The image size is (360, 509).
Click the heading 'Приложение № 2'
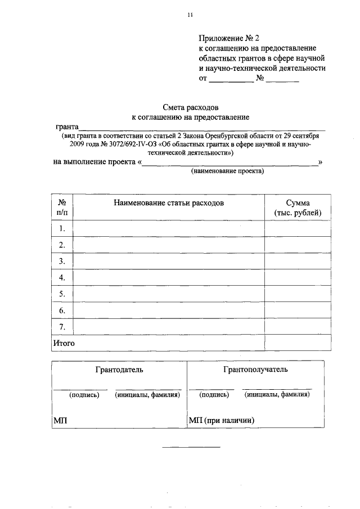click(229, 38)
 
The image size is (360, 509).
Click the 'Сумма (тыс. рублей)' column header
click(298, 207)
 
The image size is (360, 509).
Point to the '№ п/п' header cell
click(62, 207)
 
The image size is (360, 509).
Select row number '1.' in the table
click(62, 228)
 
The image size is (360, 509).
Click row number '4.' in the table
click(62, 277)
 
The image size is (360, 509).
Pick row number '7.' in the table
click(62, 326)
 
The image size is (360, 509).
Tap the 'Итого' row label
click(64, 343)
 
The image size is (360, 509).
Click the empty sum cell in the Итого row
click(298, 343)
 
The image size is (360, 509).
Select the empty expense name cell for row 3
click(169, 261)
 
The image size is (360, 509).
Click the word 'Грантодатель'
click(119, 370)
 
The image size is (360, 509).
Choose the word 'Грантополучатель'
click(255, 370)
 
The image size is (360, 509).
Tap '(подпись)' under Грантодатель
click(84, 395)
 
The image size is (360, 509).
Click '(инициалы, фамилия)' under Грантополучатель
click(277, 395)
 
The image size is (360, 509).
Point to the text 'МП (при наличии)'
click(222, 420)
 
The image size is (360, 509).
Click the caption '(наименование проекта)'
click(227, 172)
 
